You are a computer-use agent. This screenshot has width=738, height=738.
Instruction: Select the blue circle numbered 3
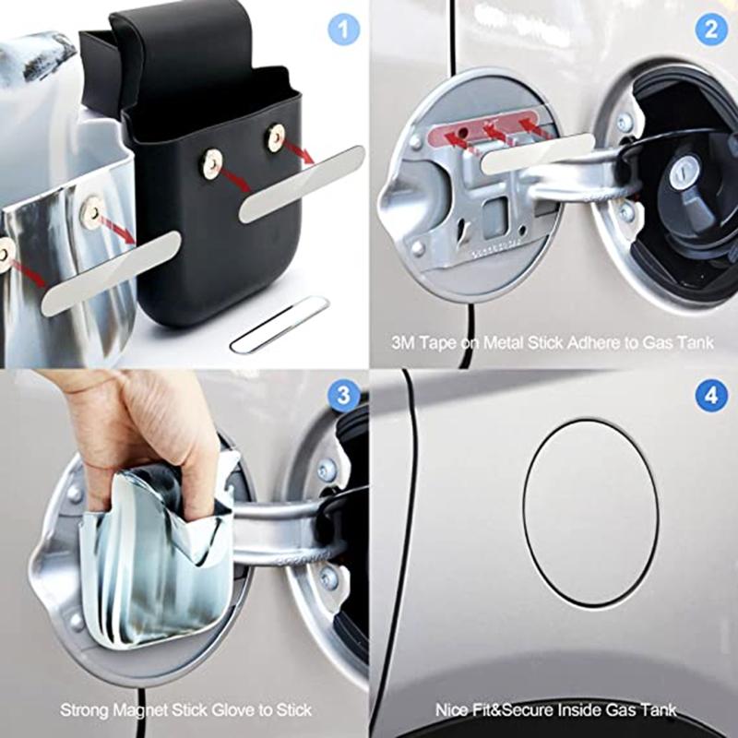(343, 397)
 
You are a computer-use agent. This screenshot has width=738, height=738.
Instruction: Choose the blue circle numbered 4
(711, 397)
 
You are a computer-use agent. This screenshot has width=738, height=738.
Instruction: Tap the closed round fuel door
(590, 512)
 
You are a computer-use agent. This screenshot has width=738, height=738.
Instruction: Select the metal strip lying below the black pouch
(280, 325)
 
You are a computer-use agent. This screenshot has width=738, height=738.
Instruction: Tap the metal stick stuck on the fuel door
(538, 153)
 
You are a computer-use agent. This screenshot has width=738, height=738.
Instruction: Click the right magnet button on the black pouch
(276, 137)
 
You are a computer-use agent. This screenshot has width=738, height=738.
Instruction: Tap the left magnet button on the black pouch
(212, 164)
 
